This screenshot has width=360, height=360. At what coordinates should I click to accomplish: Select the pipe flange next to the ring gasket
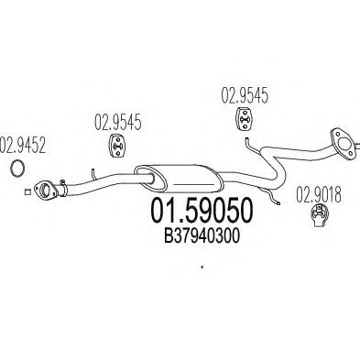tap(45, 190)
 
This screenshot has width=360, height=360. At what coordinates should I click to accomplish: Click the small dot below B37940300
tap(201, 268)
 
